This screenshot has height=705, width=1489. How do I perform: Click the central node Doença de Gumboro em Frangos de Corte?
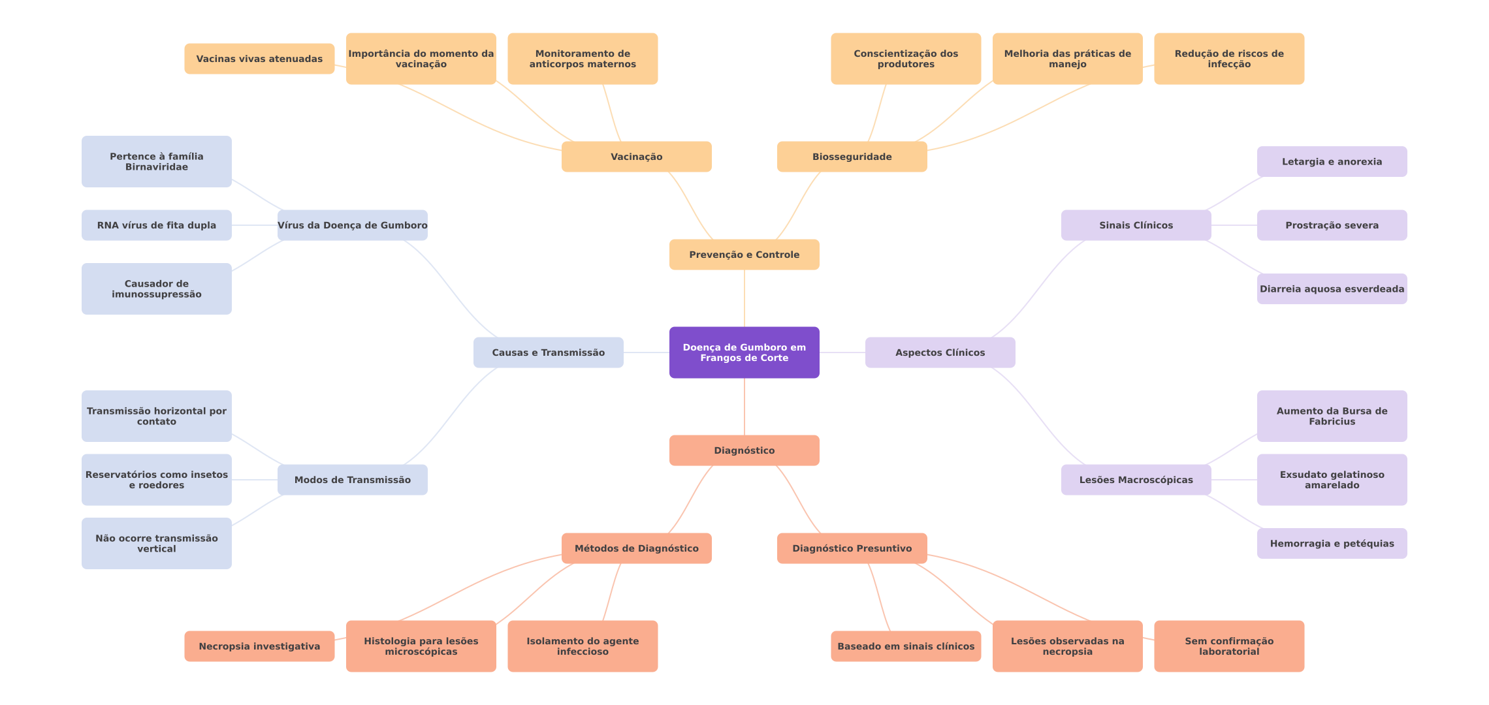(x=744, y=352)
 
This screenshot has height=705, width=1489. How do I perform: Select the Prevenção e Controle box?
(x=744, y=255)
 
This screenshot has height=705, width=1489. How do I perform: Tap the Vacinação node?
(x=637, y=157)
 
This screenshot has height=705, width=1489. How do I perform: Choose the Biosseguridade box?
(x=852, y=157)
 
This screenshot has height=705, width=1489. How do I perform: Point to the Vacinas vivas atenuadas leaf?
(x=259, y=59)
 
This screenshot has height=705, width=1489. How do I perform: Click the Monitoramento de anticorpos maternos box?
(x=583, y=59)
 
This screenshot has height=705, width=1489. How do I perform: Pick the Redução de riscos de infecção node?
(x=1229, y=59)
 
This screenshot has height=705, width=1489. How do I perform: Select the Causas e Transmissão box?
(x=549, y=352)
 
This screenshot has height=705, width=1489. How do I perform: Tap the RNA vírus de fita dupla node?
(x=157, y=225)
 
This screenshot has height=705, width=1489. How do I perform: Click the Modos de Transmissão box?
(x=353, y=480)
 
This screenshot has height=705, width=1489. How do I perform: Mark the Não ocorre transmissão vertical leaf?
(x=157, y=543)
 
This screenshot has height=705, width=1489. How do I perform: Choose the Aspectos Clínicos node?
(x=940, y=352)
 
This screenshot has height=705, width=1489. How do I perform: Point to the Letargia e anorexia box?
(x=1332, y=162)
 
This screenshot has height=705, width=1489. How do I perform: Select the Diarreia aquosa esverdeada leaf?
(x=1332, y=289)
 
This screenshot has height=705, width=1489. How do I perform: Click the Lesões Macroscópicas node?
(x=1136, y=480)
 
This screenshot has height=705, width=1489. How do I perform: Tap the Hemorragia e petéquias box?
(x=1332, y=543)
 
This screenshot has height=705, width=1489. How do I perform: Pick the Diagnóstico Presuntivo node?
(x=852, y=548)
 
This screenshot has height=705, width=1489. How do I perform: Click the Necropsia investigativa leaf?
(x=259, y=646)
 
